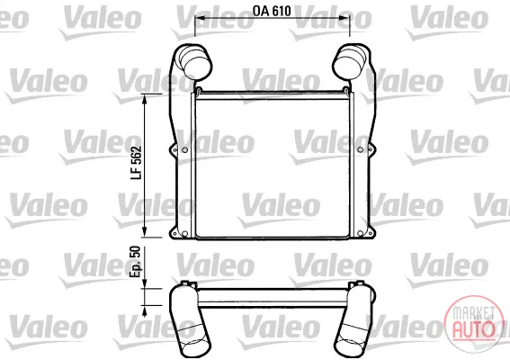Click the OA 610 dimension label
click(272, 11)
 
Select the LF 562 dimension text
click(137, 163)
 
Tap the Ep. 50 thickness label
click(135, 262)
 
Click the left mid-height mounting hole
click(184, 149)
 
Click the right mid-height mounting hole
click(360, 149)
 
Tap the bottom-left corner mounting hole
click(184, 233)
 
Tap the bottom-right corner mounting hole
click(360, 233)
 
